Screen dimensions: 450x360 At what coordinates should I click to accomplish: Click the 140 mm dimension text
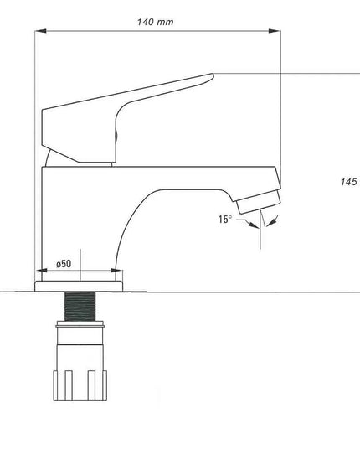tap(157, 23)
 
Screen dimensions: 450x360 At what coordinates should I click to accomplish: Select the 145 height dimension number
tap(349, 182)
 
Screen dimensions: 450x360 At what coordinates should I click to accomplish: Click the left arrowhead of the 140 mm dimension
tap(39, 32)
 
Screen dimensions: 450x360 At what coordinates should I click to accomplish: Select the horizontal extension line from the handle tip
tap(285, 74)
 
